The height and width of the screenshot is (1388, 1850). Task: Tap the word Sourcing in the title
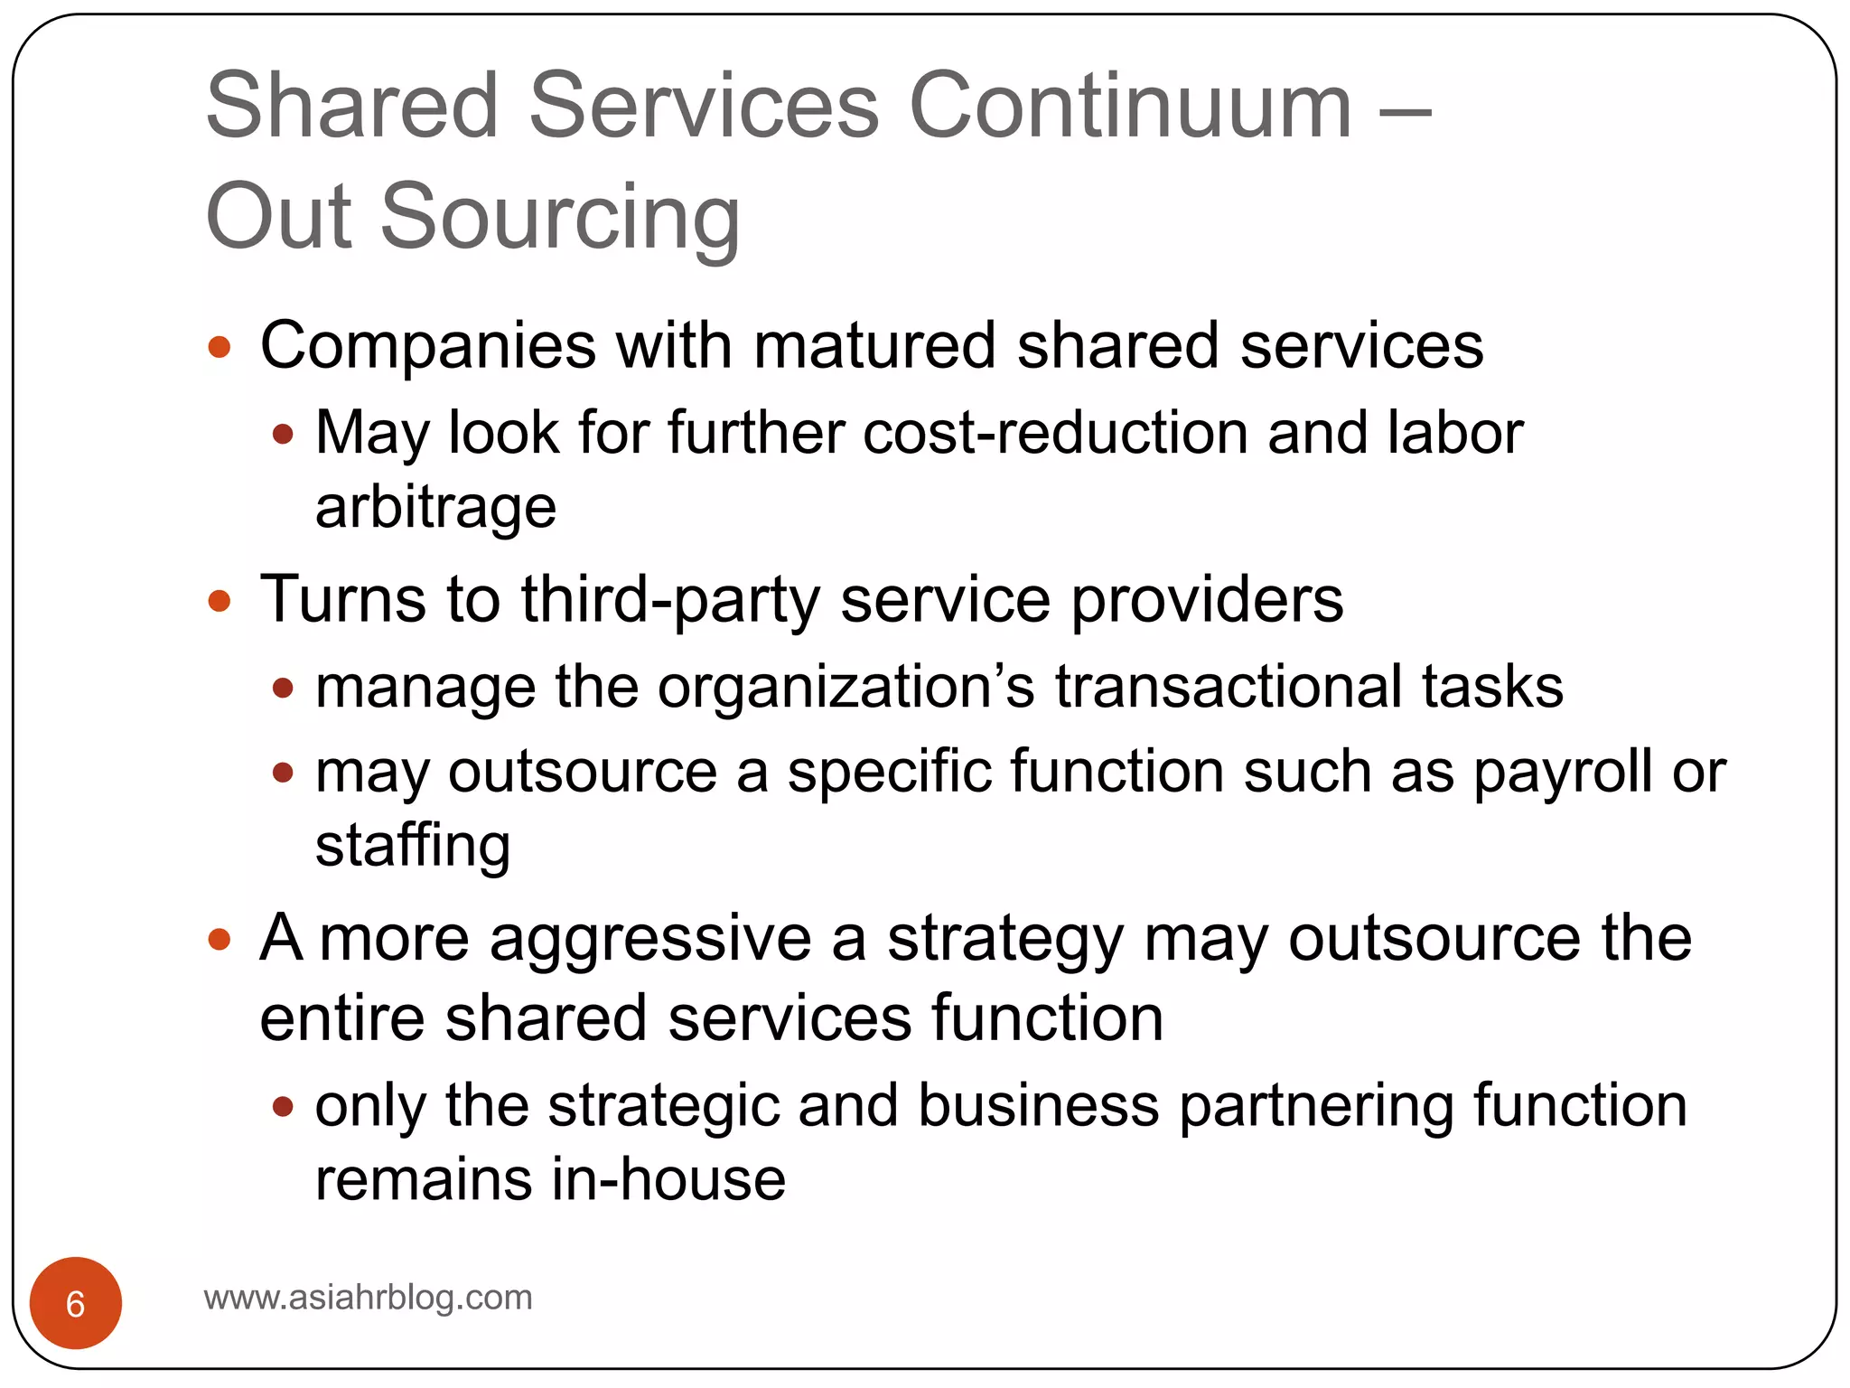[560, 217]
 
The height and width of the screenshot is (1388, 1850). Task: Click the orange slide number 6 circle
[76, 1303]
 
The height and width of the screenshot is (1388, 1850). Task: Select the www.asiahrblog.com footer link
[369, 1298]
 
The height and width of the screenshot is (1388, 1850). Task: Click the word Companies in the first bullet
[428, 346]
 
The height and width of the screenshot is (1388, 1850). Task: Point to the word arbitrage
[435, 507]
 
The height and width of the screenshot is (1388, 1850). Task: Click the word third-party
[669, 600]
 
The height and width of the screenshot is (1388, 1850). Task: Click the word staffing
[413, 847]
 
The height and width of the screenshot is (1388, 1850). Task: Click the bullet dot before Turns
[220, 601]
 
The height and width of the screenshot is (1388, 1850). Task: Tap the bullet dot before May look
[283, 435]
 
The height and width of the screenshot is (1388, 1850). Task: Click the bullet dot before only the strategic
[283, 1106]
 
